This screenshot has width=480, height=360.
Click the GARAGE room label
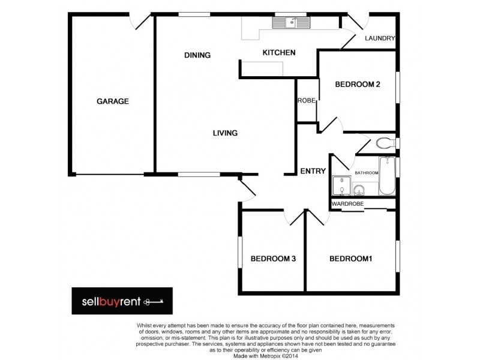(113, 101)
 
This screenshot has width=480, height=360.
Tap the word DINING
(197, 55)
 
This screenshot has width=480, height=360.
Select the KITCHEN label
(279, 53)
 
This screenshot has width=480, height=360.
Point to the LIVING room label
(225, 133)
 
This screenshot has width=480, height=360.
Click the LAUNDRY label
(380, 39)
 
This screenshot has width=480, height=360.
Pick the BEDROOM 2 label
(358, 85)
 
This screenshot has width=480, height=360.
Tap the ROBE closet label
(307, 101)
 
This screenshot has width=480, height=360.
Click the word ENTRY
(313, 171)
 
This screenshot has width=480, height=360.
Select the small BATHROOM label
(367, 173)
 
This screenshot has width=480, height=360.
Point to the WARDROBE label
(348, 204)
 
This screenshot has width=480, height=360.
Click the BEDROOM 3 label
(273, 259)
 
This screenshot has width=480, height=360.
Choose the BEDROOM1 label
(351, 259)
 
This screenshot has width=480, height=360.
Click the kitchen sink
(291, 23)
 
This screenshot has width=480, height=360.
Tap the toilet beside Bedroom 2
(383, 143)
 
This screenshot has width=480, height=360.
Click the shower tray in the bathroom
(341, 186)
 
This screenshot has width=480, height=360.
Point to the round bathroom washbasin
(358, 190)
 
